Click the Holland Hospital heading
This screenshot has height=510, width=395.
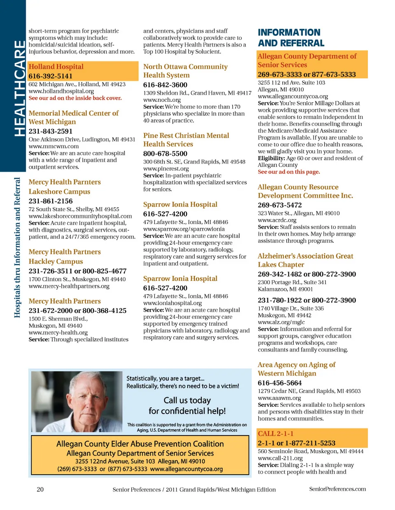pyautogui.click(x=56, y=67)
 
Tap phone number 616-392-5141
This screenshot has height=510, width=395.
pyautogui.click(x=50, y=76)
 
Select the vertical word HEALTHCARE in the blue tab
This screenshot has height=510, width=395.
pyautogui.click(x=19, y=88)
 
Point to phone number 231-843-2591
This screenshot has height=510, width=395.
pyautogui.click(x=50, y=131)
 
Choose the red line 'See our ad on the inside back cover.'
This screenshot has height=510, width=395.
pyautogui.click(x=75, y=98)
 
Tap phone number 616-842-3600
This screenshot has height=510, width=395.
pyautogui.click(x=165, y=85)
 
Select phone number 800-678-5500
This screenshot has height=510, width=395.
pyautogui.click(x=165, y=154)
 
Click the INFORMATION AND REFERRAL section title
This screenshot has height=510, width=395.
pyautogui.click(x=291, y=38)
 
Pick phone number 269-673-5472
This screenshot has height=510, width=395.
pyautogui.click(x=280, y=205)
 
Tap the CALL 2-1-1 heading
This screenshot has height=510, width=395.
pyautogui.click(x=276, y=433)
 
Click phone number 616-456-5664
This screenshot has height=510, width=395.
pyautogui.click(x=280, y=383)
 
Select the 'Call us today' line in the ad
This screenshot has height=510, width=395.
pyautogui.click(x=187, y=400)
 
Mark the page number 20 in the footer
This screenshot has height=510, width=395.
pyautogui.click(x=40, y=489)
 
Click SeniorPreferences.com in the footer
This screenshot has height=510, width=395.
pyautogui.click(x=337, y=489)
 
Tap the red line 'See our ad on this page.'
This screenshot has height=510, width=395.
pyautogui.click(x=288, y=172)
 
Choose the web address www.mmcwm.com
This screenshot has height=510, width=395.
pyautogui.click(x=53, y=146)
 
